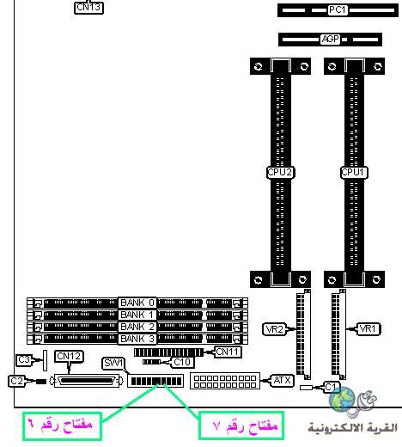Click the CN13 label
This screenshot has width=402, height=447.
88,8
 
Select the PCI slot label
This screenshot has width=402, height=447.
338,10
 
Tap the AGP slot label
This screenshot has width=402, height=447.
330,39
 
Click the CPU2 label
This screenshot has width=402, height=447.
280,173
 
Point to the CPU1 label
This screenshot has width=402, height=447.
354,173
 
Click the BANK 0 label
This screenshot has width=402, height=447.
137,303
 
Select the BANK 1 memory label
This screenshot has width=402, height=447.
137,315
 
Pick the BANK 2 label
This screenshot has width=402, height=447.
137,327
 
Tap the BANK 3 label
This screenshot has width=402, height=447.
137,339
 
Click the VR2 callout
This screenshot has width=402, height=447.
275,329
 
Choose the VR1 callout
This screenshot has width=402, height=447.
368,328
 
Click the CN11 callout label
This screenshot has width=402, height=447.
228,352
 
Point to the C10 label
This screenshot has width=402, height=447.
182,363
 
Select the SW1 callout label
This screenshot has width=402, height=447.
113,364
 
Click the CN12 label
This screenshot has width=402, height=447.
69,356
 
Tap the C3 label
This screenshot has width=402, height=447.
24,360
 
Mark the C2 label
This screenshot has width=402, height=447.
16,381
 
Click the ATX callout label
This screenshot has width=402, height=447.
282,381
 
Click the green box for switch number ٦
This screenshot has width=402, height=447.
62,426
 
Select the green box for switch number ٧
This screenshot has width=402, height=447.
241,426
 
